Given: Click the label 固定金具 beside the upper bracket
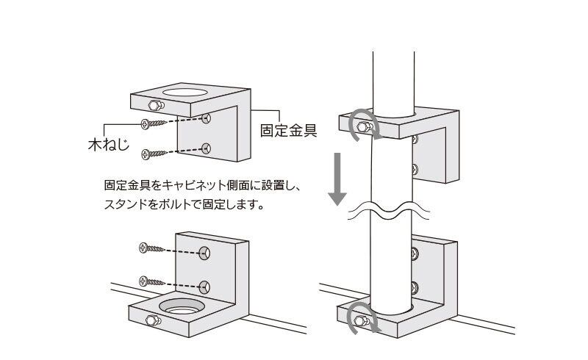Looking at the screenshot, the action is tap(289, 131).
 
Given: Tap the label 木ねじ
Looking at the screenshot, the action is tap(108, 144).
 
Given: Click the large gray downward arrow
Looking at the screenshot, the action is tap(337, 179).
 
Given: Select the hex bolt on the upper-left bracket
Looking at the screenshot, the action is tap(156, 105).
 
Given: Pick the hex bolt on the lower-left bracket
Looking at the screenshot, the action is tap(154, 320).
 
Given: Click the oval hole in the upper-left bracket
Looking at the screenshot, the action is tap(185, 93).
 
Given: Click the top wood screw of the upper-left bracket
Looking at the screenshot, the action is tap(154, 123).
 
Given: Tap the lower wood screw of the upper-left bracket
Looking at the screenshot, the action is tap(154, 154).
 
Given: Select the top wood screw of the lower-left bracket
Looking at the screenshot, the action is tap(151, 248).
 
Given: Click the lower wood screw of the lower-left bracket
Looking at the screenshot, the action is tap(151, 281).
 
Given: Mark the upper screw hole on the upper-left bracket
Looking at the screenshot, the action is tap(206, 119).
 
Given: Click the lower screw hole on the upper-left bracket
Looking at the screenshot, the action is tap(206, 148).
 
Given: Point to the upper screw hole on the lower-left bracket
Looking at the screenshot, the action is tap(204, 253).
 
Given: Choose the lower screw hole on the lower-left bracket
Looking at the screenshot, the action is tap(204, 287).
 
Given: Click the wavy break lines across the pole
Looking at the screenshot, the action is tap(389, 212).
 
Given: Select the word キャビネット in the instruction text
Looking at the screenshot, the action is tap(196, 185).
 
